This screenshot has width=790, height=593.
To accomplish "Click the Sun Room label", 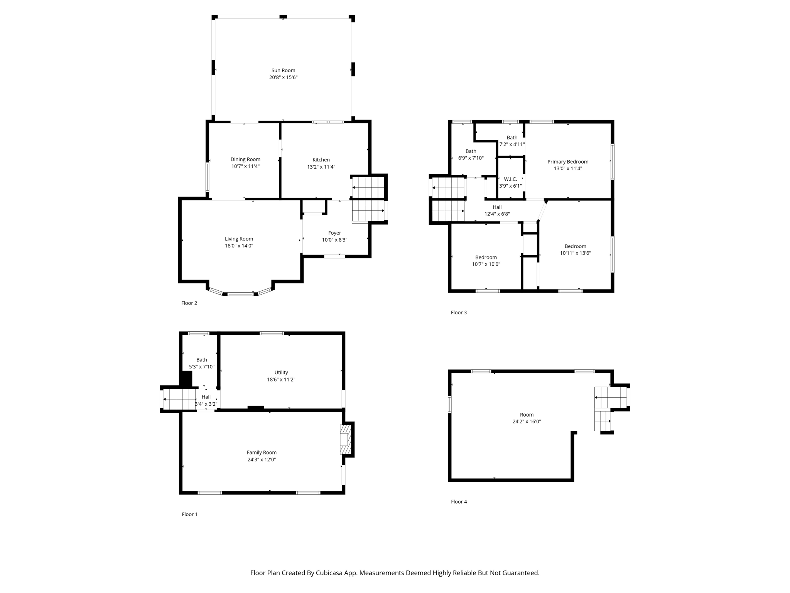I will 283,70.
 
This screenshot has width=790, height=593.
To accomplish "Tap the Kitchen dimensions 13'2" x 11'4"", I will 321,167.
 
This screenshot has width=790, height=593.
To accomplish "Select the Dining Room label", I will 245,159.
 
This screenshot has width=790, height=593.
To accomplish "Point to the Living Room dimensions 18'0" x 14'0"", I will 239,246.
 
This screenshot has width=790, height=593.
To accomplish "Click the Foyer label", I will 334,233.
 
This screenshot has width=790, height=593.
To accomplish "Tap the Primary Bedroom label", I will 567,162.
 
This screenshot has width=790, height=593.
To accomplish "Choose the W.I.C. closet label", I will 510,179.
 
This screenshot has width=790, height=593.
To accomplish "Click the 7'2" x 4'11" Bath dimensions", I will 512,144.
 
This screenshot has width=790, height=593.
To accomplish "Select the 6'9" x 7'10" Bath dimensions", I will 471,158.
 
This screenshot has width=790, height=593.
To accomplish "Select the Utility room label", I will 281,373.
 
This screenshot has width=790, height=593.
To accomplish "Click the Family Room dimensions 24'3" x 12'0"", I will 262,459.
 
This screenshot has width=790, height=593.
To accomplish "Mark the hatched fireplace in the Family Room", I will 346,439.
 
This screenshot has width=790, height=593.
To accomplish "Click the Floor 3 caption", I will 459,312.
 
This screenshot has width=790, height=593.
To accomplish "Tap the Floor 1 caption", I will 189,514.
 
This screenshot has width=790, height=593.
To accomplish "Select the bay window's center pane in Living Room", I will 240,294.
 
